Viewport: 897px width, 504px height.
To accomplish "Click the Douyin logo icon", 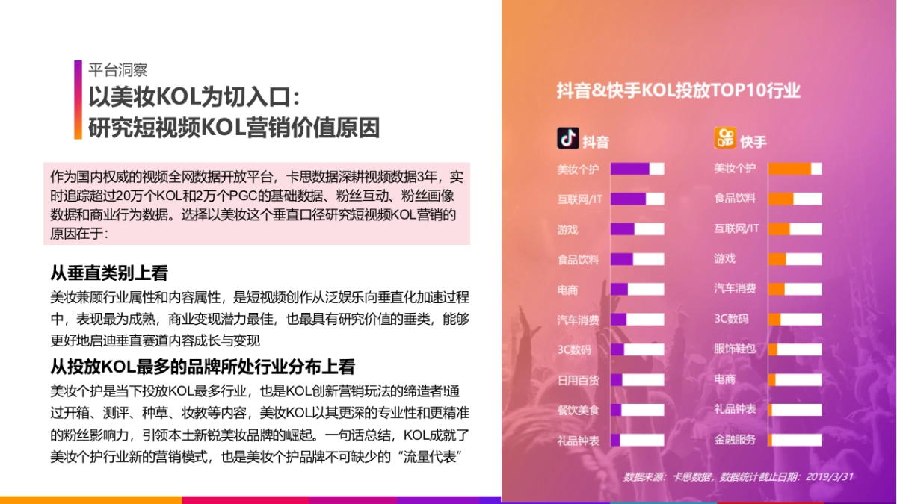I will click(568, 139).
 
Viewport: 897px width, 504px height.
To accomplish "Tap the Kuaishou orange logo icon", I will click(725, 138).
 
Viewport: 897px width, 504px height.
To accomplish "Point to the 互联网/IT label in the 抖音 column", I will click(579, 199).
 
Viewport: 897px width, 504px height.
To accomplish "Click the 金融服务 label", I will click(735, 439).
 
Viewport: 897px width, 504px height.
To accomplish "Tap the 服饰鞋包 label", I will click(735, 349).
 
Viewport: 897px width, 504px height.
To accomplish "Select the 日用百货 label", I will click(578, 380).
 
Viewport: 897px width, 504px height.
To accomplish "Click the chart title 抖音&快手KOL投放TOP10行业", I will click(678, 90).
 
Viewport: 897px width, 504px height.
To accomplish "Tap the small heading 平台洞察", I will click(118, 70).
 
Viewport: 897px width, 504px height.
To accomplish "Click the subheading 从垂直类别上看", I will click(109, 273).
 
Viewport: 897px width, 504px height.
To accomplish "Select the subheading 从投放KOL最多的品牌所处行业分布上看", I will click(202, 367).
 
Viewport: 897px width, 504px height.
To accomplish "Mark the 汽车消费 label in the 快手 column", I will click(735, 289).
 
